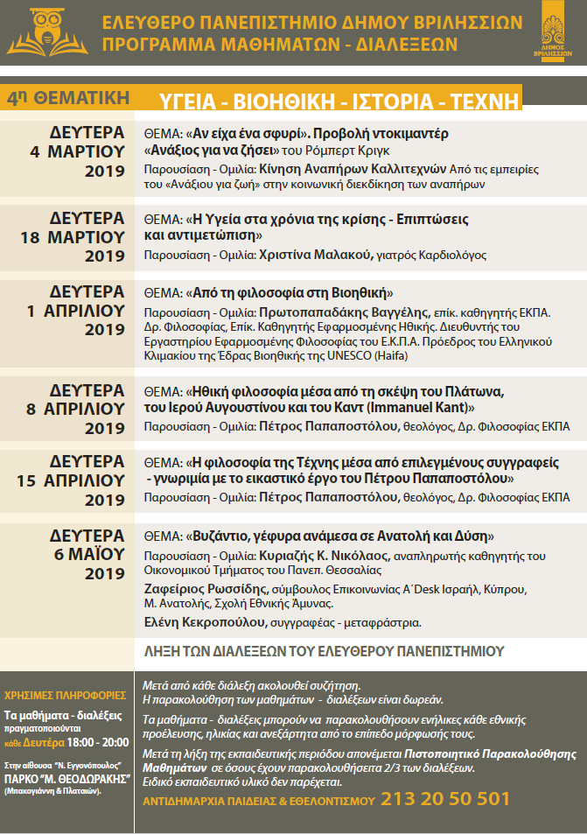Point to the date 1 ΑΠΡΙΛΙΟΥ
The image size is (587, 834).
click(76, 310)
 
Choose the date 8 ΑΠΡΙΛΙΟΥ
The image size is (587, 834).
click(76, 408)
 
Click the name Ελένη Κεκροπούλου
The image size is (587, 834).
click(205, 622)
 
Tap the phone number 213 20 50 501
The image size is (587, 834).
click(445, 799)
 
